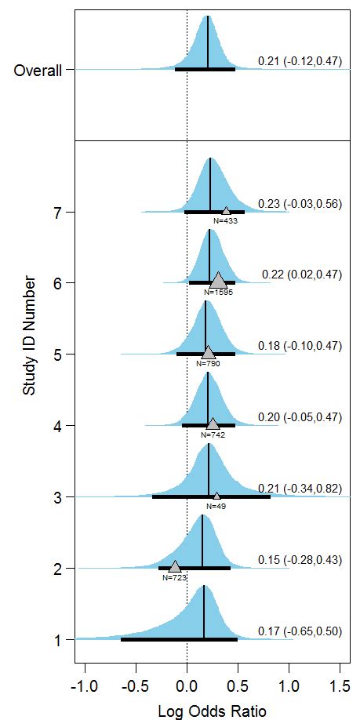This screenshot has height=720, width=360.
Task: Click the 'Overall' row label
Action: click(x=37, y=71)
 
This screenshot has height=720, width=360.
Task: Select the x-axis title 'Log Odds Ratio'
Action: click(x=213, y=711)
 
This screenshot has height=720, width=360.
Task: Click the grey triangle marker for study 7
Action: click(x=226, y=210)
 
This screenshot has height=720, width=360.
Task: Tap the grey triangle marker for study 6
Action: click(x=218, y=280)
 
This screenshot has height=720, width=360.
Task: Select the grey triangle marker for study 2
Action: click(x=174, y=566)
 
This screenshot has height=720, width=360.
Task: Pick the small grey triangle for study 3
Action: click(x=216, y=496)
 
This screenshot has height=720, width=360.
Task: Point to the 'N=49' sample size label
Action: click(x=216, y=507)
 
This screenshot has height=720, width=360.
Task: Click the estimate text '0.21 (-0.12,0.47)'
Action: click(x=300, y=60)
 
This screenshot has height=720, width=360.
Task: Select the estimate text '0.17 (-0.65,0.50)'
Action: click(x=300, y=631)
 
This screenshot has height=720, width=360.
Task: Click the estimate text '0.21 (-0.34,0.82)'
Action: click(x=300, y=489)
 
